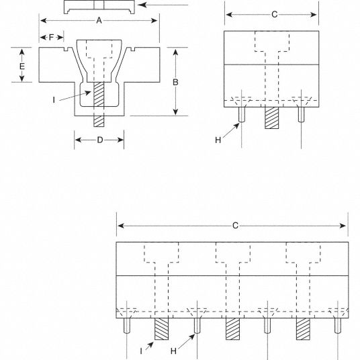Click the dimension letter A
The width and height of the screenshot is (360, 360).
[99, 20]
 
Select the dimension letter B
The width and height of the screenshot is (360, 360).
[175, 82]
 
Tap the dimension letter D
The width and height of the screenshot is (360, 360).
[100, 140]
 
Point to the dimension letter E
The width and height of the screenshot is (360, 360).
[21, 66]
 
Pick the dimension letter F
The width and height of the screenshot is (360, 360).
[51, 37]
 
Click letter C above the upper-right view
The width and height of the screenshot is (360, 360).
[274, 15]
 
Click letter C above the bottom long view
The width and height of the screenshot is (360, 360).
[235, 226]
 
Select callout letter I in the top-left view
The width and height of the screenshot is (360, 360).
[54, 100]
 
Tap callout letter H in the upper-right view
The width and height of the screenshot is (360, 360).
[218, 140]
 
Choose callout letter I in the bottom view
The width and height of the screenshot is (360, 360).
[141, 351]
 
